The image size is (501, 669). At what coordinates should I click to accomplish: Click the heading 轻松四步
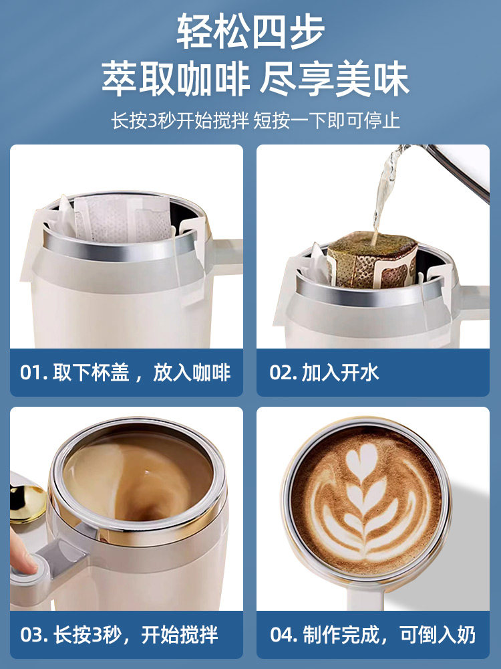(x=251, y=31)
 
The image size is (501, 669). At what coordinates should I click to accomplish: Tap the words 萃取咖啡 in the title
(x=175, y=80)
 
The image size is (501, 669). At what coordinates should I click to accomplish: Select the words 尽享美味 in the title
(x=335, y=80)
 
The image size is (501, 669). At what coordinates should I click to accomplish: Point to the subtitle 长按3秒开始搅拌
(x=180, y=120)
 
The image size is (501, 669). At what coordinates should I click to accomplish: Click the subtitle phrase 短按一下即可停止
(x=327, y=120)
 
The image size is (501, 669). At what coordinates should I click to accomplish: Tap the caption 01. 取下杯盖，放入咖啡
(x=126, y=373)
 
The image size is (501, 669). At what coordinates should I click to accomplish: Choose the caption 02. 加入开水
(x=324, y=373)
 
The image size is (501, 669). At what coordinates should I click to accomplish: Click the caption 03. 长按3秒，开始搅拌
(x=119, y=634)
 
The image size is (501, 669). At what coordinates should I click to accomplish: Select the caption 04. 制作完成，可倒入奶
(x=373, y=634)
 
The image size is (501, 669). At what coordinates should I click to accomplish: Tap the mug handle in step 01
(x=226, y=251)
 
